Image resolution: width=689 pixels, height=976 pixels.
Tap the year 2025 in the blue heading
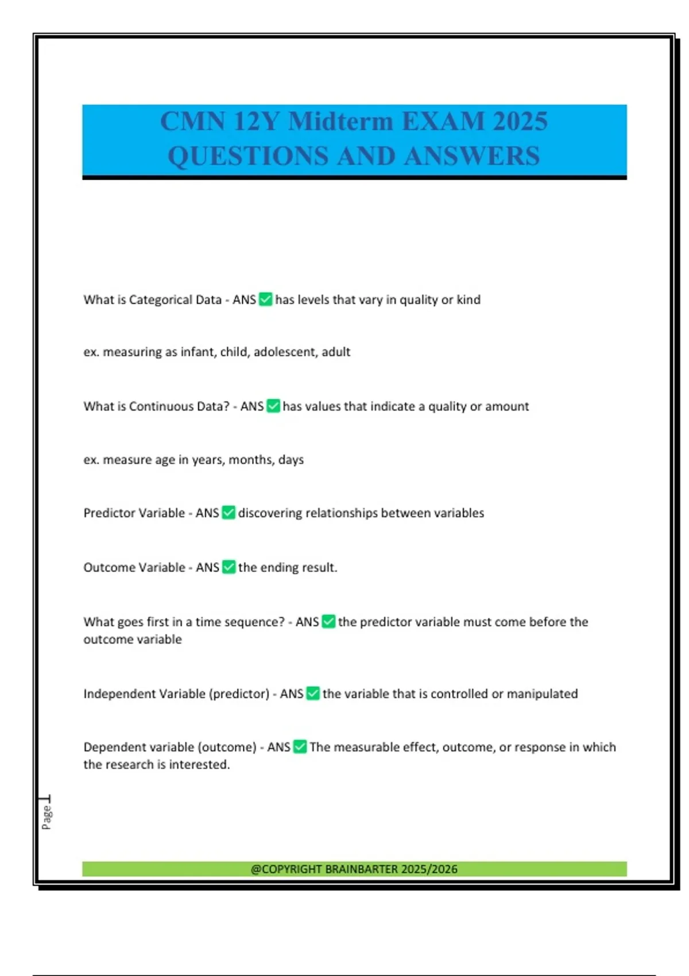[x=520, y=121]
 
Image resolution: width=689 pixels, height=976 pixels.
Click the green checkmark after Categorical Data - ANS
[x=265, y=299]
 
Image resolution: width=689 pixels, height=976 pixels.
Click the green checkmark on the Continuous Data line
[x=273, y=406]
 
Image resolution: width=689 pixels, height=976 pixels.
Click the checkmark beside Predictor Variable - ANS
[x=229, y=513]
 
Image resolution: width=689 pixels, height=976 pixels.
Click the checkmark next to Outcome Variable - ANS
[x=229, y=567]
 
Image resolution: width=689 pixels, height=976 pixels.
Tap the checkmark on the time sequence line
[x=328, y=622]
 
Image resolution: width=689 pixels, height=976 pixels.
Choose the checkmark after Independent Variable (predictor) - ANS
[x=313, y=694]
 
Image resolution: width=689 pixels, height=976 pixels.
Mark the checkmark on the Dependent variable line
[x=300, y=747]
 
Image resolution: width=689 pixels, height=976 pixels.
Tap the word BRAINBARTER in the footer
[x=361, y=869]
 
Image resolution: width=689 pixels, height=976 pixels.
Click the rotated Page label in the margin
[x=47, y=818]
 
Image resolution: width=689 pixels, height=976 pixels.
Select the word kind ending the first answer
[x=469, y=299]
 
